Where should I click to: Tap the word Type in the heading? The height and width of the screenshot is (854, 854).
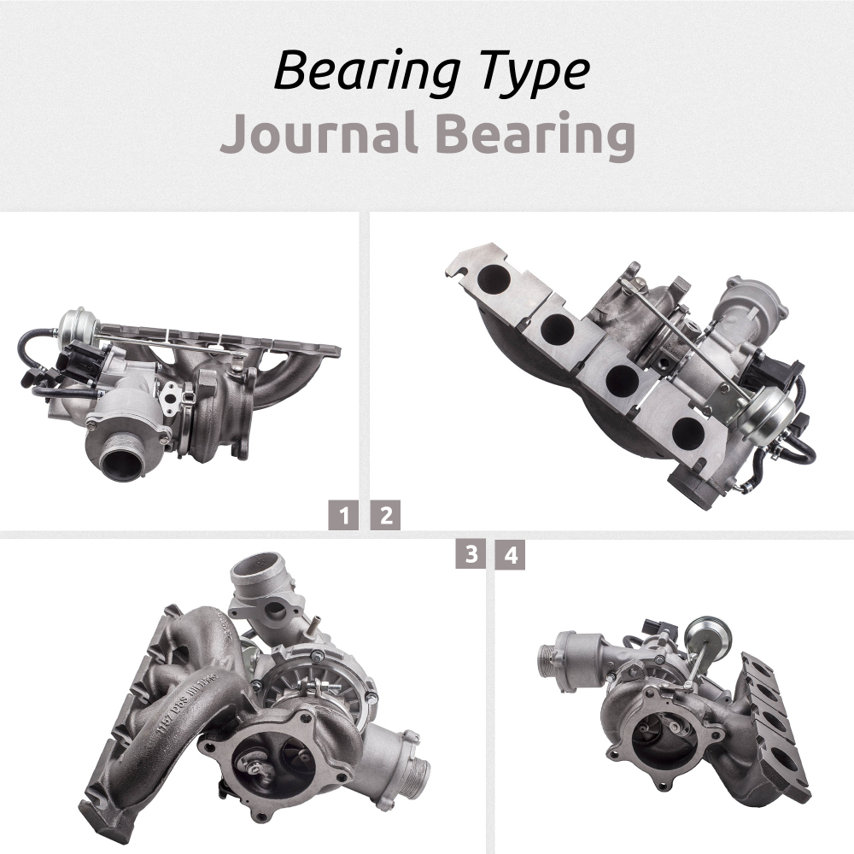point(531,72)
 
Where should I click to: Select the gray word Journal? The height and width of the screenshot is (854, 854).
point(315,136)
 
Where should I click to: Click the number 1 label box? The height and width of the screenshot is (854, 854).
point(343,516)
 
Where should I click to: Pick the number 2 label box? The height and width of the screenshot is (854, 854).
point(385,516)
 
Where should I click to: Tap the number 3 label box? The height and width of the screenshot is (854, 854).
point(470,554)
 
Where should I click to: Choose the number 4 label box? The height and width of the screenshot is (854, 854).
point(511,554)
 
